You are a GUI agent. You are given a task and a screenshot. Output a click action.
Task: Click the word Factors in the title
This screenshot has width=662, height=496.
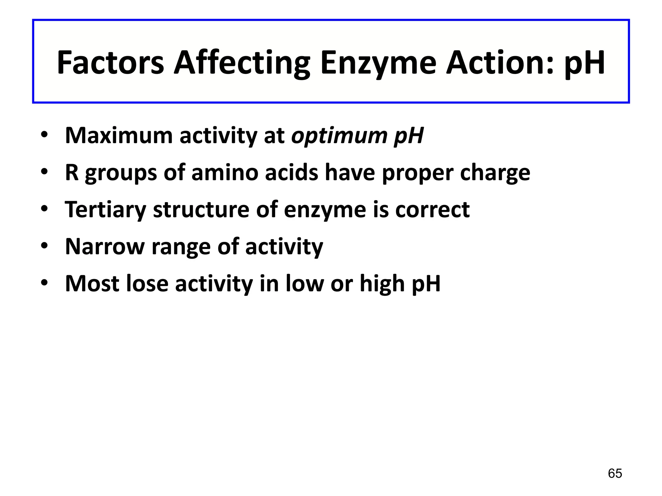pos(110,63)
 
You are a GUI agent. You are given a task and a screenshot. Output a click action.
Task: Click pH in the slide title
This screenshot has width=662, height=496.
pos(584,63)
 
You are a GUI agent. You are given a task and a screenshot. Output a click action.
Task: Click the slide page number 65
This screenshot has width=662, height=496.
pos(615,473)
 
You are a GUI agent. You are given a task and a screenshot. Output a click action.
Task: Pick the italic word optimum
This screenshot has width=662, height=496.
pos(339,136)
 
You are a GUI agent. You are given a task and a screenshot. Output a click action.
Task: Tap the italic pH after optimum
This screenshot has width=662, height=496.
pos(409,136)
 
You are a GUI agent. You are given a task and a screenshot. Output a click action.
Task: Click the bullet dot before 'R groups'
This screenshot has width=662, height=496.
pos(44,172)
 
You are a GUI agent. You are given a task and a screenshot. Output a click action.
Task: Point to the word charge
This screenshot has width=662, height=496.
pos(495,173)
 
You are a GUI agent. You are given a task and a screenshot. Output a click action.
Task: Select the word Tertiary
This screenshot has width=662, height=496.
pos(105,210)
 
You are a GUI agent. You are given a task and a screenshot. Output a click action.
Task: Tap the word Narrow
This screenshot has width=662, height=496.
pos(105,247)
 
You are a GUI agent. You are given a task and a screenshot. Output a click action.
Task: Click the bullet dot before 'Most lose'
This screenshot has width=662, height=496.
pos(44,283)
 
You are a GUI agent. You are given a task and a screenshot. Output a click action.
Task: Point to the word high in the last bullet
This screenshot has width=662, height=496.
pos(382,284)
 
